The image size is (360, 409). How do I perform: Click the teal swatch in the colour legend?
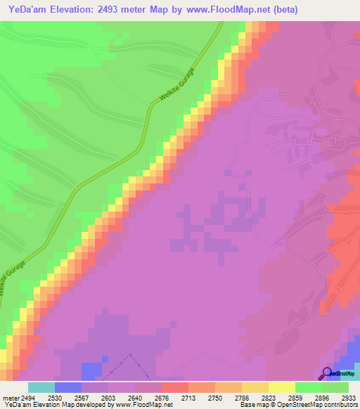[41, 387]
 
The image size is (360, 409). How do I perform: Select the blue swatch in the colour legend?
[67, 387]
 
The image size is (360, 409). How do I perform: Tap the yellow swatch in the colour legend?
[281, 387]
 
